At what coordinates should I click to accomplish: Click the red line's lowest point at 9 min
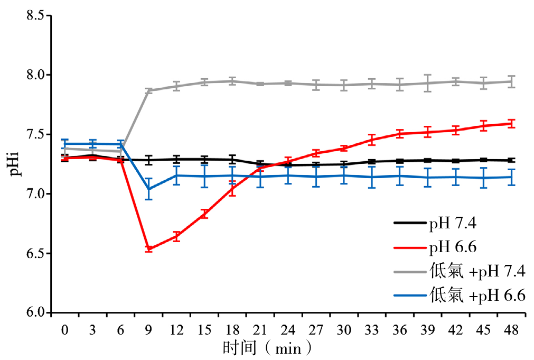[x=148, y=248]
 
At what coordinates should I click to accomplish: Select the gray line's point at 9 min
[x=148, y=90]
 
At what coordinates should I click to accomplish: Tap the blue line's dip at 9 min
[x=148, y=189]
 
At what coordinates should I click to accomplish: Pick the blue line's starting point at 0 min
[x=65, y=144]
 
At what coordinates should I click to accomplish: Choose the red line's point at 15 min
[x=204, y=214]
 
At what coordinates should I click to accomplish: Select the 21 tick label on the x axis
[x=260, y=330]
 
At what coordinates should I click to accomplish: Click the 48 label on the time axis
[x=511, y=330]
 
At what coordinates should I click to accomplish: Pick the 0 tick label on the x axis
[x=65, y=330]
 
